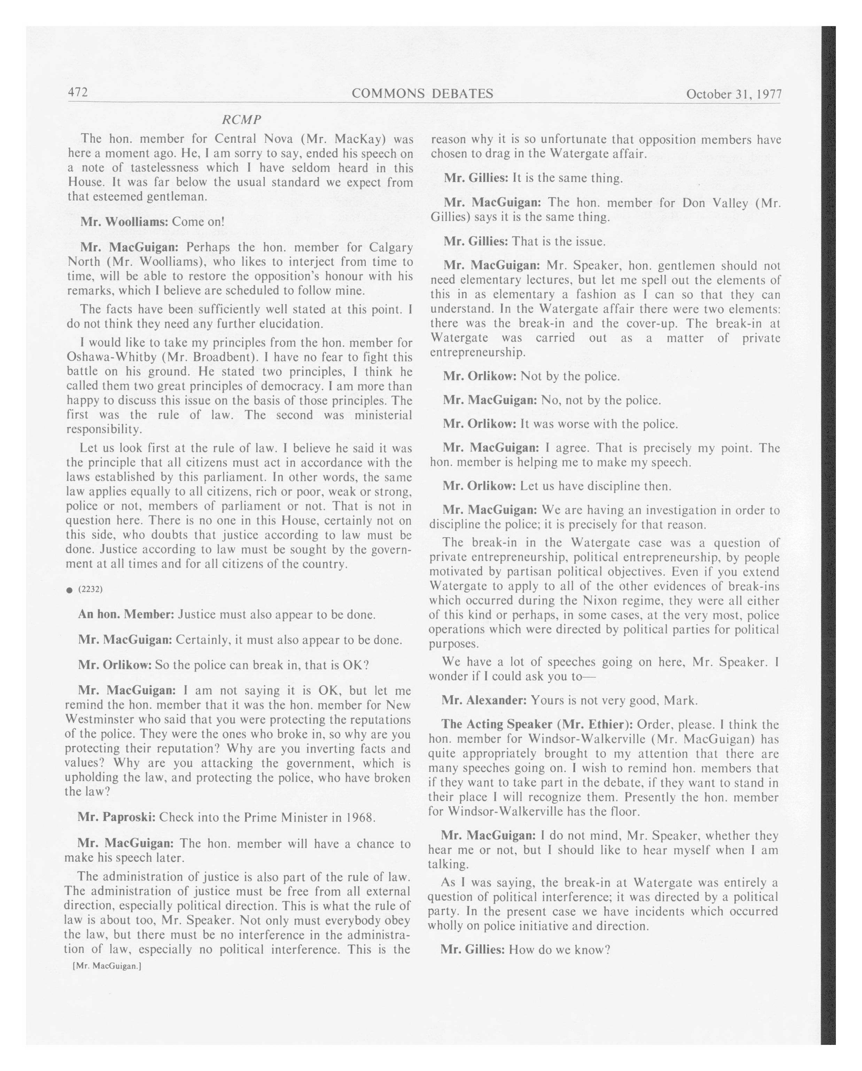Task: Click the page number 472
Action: pyautogui.click(x=78, y=92)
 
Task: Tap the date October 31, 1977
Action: pyautogui.click(x=733, y=94)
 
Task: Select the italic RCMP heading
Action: pyautogui.click(x=241, y=120)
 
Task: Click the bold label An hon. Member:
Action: pyautogui.click(x=126, y=615)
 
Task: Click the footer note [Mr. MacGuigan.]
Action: pyautogui.click(x=106, y=966)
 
